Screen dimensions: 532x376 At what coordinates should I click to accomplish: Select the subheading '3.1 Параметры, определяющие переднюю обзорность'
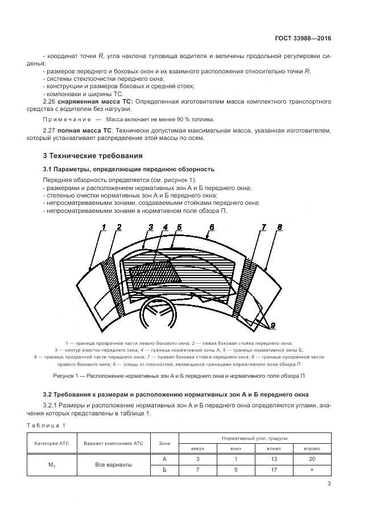(x=129, y=169)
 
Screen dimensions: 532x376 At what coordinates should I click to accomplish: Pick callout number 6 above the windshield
(x=211, y=227)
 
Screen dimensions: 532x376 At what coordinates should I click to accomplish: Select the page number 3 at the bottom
(x=329, y=484)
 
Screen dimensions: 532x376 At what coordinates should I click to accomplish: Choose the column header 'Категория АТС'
(x=52, y=443)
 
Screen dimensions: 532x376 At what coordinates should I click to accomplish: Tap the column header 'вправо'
(x=312, y=448)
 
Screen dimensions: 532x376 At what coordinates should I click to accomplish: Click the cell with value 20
(x=312, y=459)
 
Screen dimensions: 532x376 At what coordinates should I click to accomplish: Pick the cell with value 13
(x=274, y=459)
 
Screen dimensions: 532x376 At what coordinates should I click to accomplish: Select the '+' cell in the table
(x=312, y=470)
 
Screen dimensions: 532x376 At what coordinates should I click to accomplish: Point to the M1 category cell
(x=52, y=465)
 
